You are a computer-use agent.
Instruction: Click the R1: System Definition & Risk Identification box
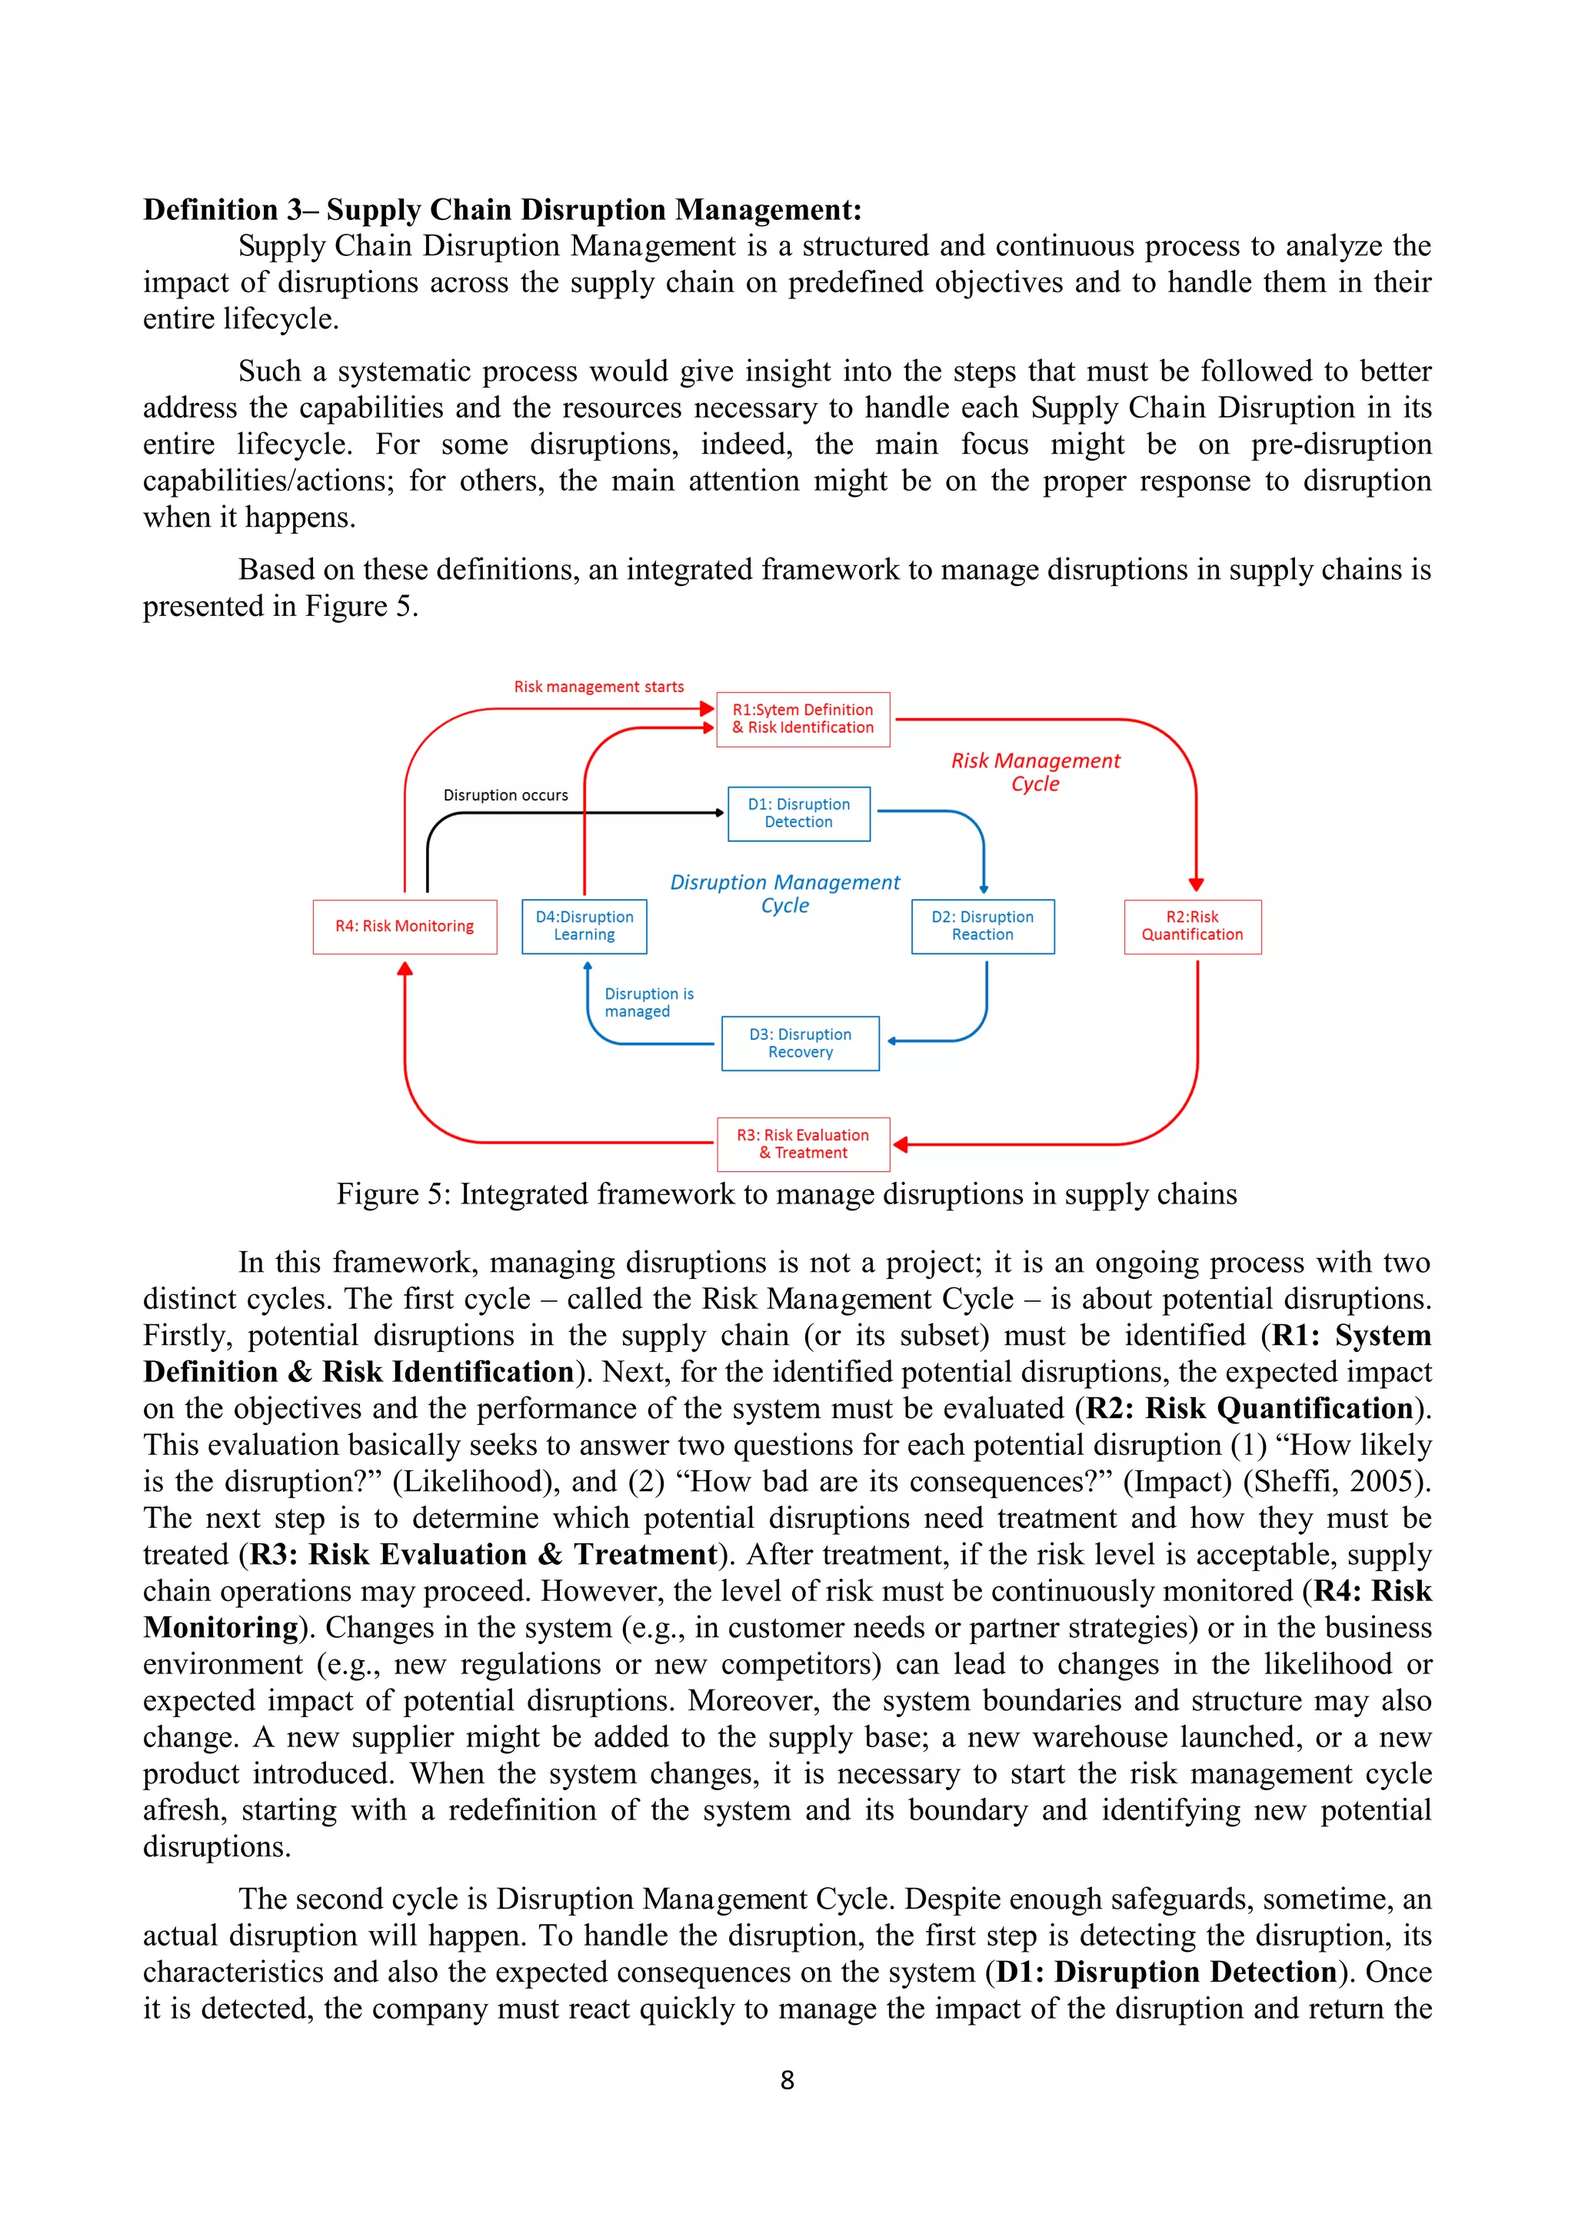point(802,719)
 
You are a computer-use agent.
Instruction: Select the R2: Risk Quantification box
point(1192,927)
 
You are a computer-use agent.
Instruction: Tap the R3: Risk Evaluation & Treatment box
point(802,1143)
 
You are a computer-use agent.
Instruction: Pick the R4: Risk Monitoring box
point(405,927)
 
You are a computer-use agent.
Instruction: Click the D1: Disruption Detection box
point(798,813)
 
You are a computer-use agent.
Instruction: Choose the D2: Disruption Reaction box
point(981,927)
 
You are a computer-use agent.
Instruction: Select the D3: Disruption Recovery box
point(800,1043)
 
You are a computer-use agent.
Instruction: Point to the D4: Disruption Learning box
point(584,927)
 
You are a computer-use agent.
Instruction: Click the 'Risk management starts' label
point(598,687)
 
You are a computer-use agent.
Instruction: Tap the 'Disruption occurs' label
point(505,795)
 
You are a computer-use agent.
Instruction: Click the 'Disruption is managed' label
point(648,1002)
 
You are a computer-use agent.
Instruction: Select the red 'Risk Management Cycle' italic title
point(1035,772)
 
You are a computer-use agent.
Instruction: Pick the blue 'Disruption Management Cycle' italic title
point(784,894)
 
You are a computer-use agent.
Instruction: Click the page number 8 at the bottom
point(787,2079)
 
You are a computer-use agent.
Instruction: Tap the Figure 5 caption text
point(787,1194)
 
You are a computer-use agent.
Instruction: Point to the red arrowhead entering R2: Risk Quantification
point(1196,884)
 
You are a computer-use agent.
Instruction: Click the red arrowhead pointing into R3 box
point(900,1144)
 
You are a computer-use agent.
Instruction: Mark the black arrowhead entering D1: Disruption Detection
point(720,813)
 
